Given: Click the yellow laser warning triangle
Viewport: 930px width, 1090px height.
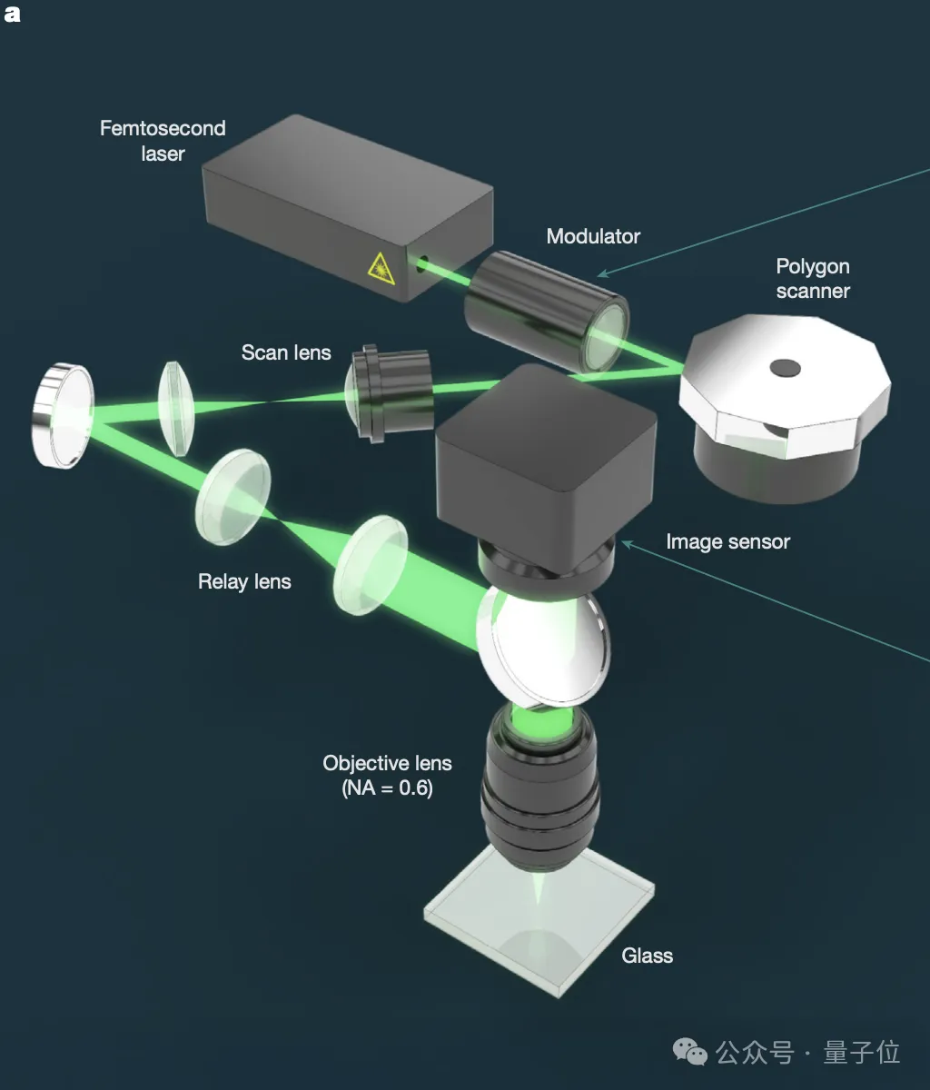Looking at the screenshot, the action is (x=381, y=269).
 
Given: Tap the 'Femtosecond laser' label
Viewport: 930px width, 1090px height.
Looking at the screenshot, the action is (x=163, y=141).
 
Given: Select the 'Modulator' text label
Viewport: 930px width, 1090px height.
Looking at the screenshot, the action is (x=593, y=236).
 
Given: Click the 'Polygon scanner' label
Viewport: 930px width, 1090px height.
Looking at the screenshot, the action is (x=813, y=279).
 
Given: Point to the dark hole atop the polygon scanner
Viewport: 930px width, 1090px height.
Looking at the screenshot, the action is (x=785, y=368).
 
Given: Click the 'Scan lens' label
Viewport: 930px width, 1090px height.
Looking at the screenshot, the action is (x=286, y=352).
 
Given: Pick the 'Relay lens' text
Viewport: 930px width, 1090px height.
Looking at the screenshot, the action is (x=244, y=581).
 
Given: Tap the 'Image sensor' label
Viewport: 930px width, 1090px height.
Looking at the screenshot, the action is (x=728, y=541).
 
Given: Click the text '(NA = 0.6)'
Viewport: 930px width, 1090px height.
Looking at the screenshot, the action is (x=387, y=788).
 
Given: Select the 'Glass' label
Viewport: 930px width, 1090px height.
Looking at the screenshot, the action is (x=647, y=956).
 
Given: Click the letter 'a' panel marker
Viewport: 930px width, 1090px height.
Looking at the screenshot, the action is (x=12, y=14).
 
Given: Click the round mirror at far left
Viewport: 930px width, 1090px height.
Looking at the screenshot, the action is (x=64, y=415).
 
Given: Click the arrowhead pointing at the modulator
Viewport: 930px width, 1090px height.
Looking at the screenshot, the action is (x=604, y=273).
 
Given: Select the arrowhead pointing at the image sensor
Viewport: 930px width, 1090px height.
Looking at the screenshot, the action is (x=628, y=544).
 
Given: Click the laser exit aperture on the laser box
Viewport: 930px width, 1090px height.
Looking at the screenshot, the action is (x=421, y=263).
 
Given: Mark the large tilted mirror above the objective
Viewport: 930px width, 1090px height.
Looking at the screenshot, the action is (x=543, y=646).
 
